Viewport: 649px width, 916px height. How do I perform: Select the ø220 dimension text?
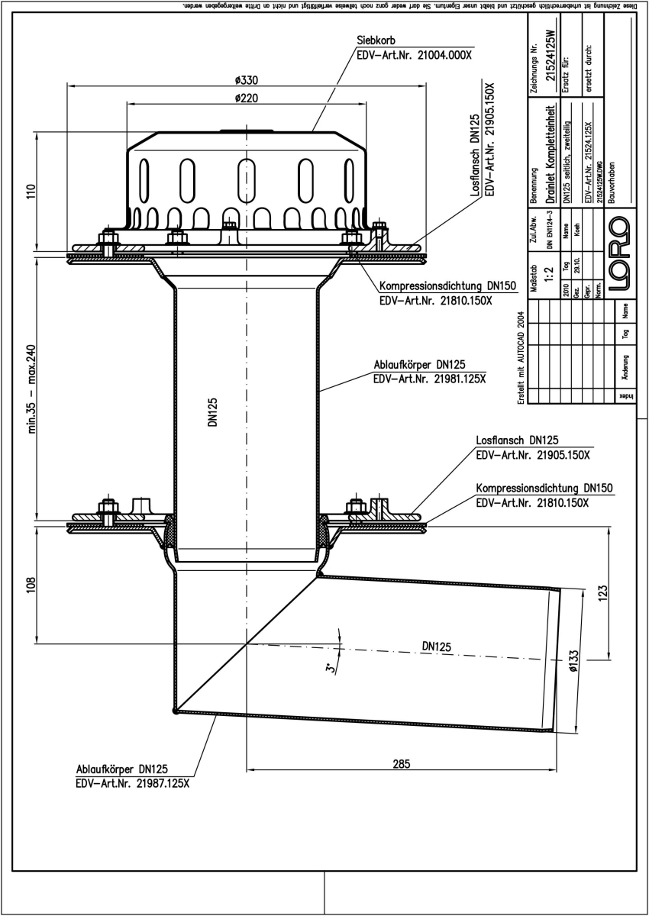pos(245,98)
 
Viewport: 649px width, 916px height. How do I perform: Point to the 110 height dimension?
pos(31,190)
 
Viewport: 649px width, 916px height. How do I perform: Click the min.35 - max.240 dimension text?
pos(33,388)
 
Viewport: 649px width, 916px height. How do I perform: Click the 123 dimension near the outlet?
pos(602,592)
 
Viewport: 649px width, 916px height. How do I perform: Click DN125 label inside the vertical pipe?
pos(214,412)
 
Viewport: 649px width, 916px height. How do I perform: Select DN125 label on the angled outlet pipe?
pos(436,646)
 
